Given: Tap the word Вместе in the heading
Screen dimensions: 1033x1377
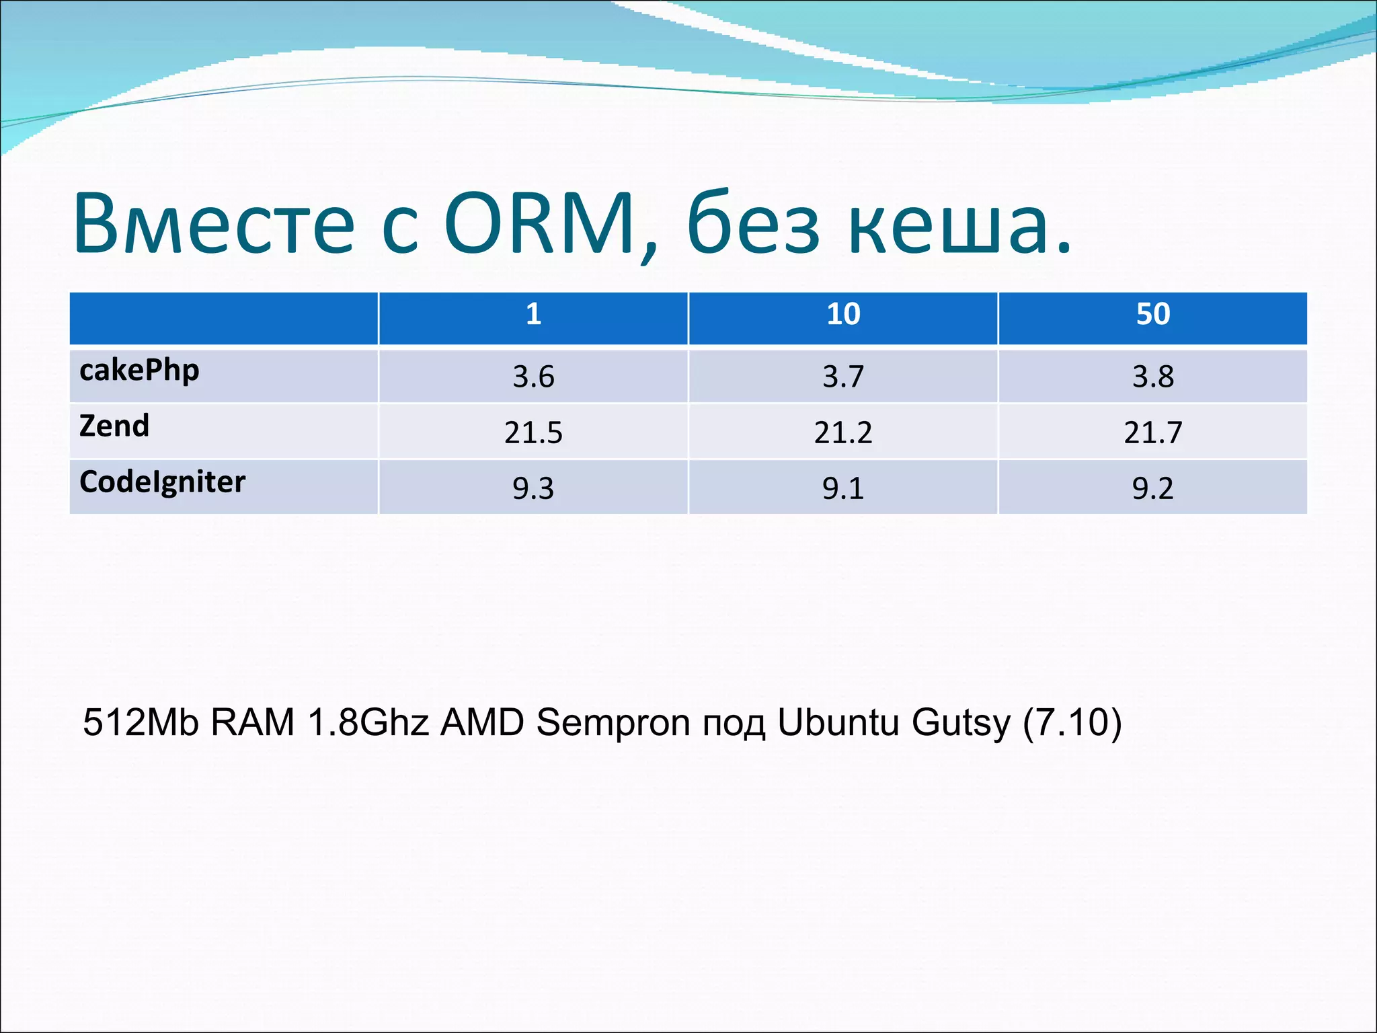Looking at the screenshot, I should coord(214,223).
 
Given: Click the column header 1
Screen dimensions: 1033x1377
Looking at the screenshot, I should coord(533,314).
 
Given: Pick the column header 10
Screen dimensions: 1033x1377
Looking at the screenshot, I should coord(843,314).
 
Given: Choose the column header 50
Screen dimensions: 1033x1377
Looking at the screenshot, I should coord(1153,314).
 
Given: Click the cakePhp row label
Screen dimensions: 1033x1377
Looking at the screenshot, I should coord(139,371).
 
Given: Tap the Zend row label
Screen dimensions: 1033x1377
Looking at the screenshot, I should coord(114,426).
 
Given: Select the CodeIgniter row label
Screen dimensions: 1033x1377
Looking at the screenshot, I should coord(162,482).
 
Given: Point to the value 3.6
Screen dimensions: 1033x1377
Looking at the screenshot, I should coord(533,377).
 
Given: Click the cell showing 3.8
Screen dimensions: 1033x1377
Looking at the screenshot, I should coord(1153,377).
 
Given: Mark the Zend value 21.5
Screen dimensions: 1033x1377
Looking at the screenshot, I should coord(533,432).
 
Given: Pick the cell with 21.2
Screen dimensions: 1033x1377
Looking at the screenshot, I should coord(843,432).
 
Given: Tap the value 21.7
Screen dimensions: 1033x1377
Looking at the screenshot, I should coord(1153,432).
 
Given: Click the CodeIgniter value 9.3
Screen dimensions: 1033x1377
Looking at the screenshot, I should coord(533,488).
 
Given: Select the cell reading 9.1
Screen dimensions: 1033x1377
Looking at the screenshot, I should coord(843,488).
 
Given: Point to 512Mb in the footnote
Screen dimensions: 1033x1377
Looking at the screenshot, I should coord(141,723).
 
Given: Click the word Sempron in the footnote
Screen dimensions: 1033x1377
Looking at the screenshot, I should coord(613,723).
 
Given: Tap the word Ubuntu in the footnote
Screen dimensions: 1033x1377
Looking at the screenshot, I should coord(838,723).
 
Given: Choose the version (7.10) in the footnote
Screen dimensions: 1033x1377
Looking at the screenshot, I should coord(1072,723).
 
